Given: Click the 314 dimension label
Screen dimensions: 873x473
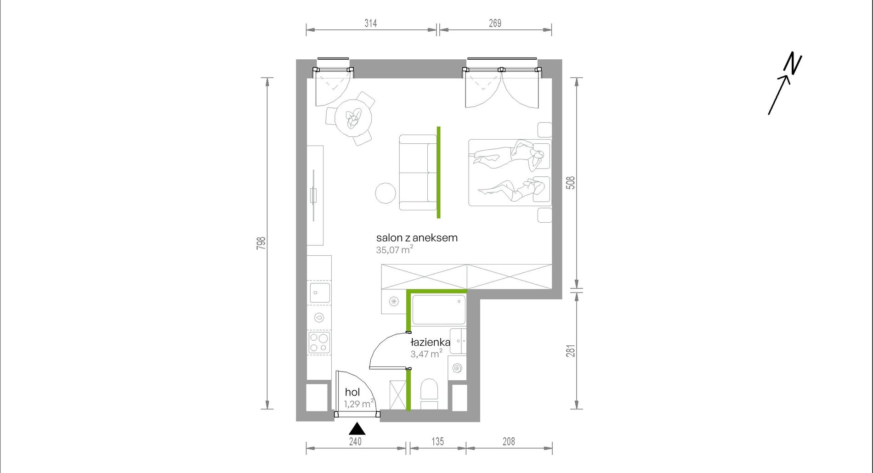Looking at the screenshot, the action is (371, 23).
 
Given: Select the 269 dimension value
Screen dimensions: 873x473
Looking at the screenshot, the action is (495, 23).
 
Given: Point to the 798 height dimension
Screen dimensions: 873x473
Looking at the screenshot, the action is (261, 243).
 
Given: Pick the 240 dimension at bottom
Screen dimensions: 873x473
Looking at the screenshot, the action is (355, 442).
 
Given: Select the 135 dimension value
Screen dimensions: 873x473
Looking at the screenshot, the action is (437, 442).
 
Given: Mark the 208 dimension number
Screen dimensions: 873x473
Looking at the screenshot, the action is (509, 442).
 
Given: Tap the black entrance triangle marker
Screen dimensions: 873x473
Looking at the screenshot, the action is (357, 429).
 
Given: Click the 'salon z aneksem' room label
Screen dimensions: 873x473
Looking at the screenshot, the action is (417, 238).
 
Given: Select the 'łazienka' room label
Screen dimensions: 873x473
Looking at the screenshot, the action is (430, 342).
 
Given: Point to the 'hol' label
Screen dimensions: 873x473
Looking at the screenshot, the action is (352, 392).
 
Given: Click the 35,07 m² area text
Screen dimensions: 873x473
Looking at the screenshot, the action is (394, 250).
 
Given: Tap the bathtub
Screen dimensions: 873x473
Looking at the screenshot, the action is (439, 310).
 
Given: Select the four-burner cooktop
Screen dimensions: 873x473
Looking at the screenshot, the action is (319, 343).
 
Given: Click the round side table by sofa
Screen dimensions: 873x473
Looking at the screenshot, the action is (385, 193).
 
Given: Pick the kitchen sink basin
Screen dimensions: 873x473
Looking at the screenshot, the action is (320, 293).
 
